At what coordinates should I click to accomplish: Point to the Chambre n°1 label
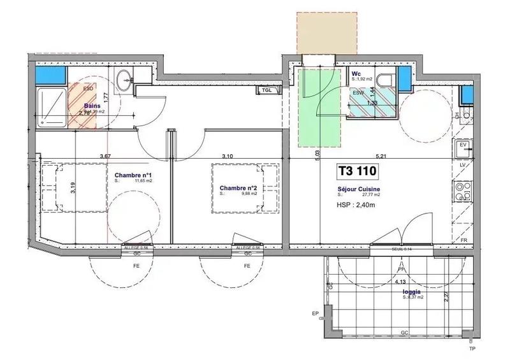133,175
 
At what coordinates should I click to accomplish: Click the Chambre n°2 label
238,188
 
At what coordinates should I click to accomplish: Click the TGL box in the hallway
268,90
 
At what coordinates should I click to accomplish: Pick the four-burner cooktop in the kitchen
463,189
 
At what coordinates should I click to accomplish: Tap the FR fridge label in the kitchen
463,240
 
